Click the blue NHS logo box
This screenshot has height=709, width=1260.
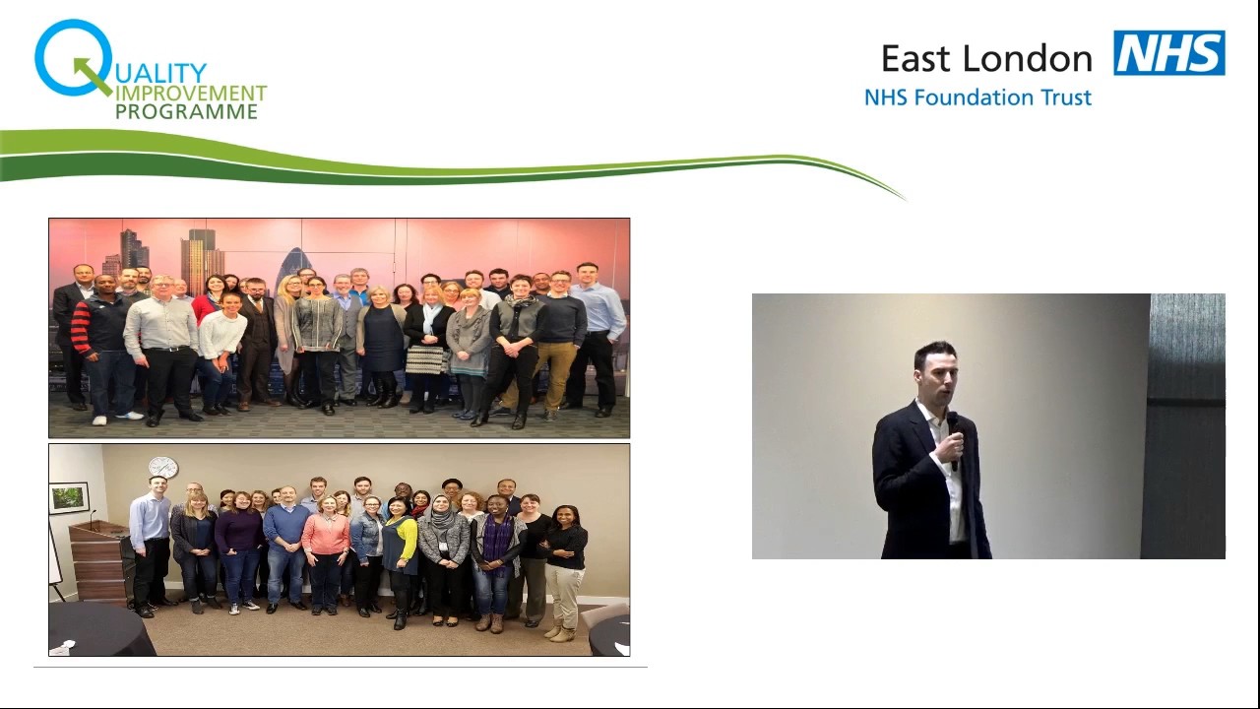(x=1169, y=53)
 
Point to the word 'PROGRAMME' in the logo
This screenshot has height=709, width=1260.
(x=186, y=112)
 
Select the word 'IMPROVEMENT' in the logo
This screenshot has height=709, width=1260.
(x=191, y=94)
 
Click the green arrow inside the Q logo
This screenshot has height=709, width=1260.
(x=92, y=75)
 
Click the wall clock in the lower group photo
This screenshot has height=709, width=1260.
(x=162, y=467)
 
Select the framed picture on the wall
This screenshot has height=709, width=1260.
(x=69, y=497)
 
